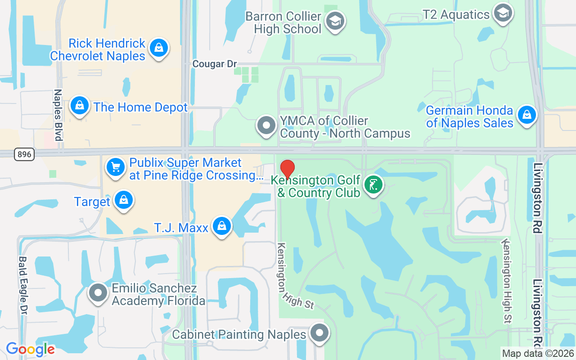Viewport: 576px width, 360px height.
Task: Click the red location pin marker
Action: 288,169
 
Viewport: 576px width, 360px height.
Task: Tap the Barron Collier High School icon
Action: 335,21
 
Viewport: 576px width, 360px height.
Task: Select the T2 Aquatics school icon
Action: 503,13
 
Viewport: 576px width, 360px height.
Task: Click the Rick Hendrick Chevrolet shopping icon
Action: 158,48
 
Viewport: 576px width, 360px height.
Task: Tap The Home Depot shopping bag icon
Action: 80,106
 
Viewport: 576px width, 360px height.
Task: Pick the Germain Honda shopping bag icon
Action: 526,115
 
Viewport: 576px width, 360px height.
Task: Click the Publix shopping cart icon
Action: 116,167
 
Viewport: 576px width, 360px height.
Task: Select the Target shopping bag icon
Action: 123,201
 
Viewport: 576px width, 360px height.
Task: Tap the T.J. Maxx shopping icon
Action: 222,226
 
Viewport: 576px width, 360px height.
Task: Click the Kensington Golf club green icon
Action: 373,185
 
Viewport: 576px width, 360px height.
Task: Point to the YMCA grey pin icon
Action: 266,126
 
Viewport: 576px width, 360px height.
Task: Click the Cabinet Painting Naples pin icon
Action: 320,333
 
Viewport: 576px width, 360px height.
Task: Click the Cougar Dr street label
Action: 215,64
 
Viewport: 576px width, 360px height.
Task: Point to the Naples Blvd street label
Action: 58,115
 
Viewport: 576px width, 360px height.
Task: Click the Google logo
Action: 30,349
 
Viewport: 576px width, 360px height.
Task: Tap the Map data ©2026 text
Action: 538,354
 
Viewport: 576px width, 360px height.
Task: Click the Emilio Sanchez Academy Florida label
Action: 158,294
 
